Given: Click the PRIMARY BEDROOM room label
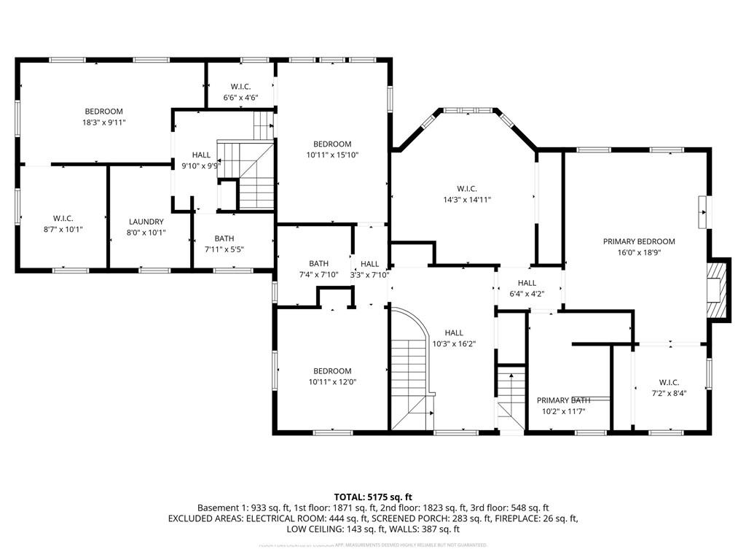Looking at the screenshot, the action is point(638,241).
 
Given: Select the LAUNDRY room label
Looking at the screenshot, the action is point(146,222).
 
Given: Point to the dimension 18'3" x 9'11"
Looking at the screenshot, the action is point(104,122).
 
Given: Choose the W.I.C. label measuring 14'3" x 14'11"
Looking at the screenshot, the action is point(467,188).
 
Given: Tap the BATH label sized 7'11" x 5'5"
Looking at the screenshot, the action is point(224,238).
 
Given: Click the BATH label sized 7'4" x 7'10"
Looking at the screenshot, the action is point(318,263).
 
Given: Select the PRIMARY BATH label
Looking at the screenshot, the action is point(563,400).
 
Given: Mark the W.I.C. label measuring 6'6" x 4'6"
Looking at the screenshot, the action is point(240,87).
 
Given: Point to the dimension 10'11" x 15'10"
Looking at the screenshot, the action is point(332,155).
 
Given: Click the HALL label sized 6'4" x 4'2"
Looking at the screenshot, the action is point(527,283).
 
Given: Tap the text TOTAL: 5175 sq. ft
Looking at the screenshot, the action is point(373,497).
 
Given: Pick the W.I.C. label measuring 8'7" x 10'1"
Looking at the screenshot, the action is point(63,218).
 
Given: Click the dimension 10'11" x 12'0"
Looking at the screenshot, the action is point(331,381).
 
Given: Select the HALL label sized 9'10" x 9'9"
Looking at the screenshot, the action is point(201,155).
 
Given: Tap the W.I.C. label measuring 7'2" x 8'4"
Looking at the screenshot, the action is point(669,382).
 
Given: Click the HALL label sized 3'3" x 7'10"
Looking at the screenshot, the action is point(369,264).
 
